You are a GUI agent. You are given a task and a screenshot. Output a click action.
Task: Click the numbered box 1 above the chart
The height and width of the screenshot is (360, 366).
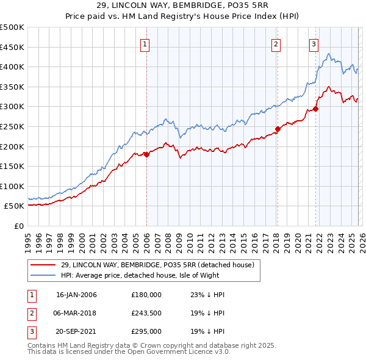point(146,43)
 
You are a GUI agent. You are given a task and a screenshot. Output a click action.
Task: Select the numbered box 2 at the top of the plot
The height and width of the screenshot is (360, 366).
point(276,43)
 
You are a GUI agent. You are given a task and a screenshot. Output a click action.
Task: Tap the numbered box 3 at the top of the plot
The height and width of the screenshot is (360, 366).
point(314,43)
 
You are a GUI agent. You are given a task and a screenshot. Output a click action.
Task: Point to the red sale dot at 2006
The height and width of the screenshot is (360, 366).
point(146,154)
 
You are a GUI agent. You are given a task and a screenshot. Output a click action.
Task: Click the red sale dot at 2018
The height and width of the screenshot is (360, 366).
point(277,129)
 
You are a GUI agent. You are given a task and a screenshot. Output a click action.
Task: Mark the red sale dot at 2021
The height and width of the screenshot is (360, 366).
point(315,109)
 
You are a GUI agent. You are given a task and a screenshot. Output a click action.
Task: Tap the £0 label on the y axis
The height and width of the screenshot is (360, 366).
point(19,226)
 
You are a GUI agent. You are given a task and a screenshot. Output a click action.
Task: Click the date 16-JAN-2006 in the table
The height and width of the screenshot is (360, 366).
point(76,295)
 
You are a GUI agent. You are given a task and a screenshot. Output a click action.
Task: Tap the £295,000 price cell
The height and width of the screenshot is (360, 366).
point(146,332)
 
